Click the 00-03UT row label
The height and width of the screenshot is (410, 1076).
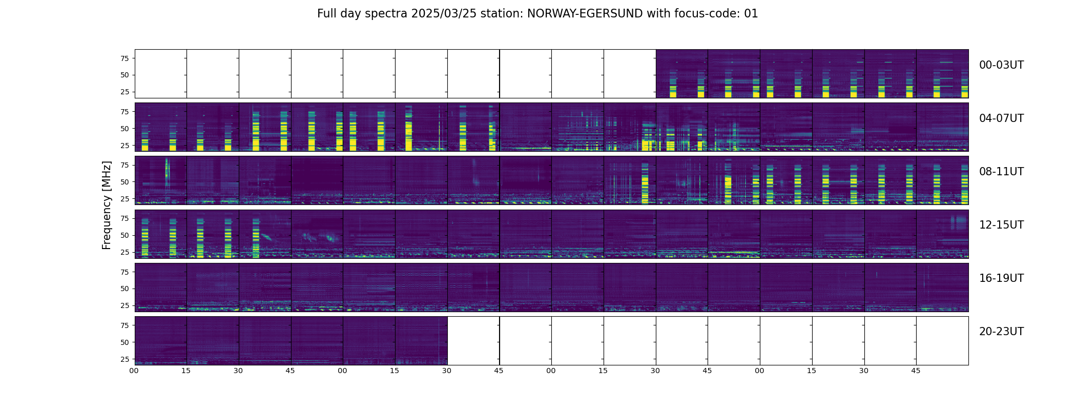1001,65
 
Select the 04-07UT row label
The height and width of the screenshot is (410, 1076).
1001,118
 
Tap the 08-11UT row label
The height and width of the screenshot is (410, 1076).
1001,172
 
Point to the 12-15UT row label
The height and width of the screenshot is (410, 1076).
1001,225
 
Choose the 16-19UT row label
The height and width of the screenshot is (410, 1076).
1001,278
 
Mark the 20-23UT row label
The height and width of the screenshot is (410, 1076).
1001,332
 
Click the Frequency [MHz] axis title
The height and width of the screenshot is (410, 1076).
107,205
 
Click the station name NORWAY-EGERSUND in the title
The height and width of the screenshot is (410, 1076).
585,14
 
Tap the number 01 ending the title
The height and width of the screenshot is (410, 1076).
751,14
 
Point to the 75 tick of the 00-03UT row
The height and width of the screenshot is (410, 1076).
124,58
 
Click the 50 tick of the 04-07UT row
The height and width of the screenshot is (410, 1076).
124,129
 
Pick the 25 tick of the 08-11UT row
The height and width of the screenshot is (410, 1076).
124,199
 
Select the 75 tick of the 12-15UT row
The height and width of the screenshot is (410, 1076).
124,218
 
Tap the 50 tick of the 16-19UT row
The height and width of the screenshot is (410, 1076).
124,289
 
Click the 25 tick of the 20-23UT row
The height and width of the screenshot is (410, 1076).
124,359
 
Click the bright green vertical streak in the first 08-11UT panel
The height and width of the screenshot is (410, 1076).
167,174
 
